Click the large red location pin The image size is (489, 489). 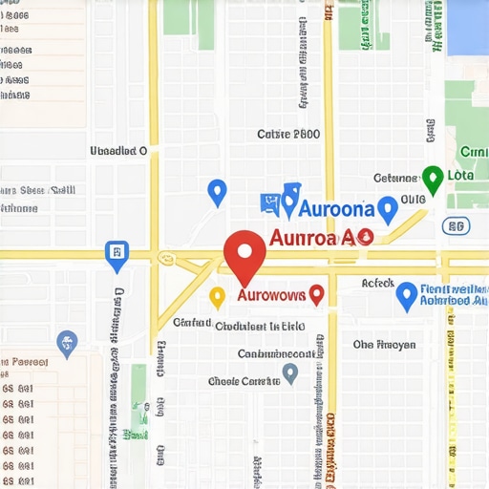[244, 256]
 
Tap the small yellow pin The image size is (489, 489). [217, 297]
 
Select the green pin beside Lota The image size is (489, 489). [433, 179]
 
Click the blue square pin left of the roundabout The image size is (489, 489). [116, 254]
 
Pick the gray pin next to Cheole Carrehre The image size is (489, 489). [290, 372]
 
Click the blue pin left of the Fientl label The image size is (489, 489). [407, 295]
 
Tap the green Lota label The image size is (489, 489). [460, 176]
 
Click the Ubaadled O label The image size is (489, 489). [118, 150]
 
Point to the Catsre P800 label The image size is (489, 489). [288, 135]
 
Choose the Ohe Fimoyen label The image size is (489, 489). [384, 345]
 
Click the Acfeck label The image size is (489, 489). [378, 284]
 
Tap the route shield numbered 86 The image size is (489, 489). [456, 226]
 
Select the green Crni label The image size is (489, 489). [474, 152]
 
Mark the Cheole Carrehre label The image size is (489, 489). [244, 381]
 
